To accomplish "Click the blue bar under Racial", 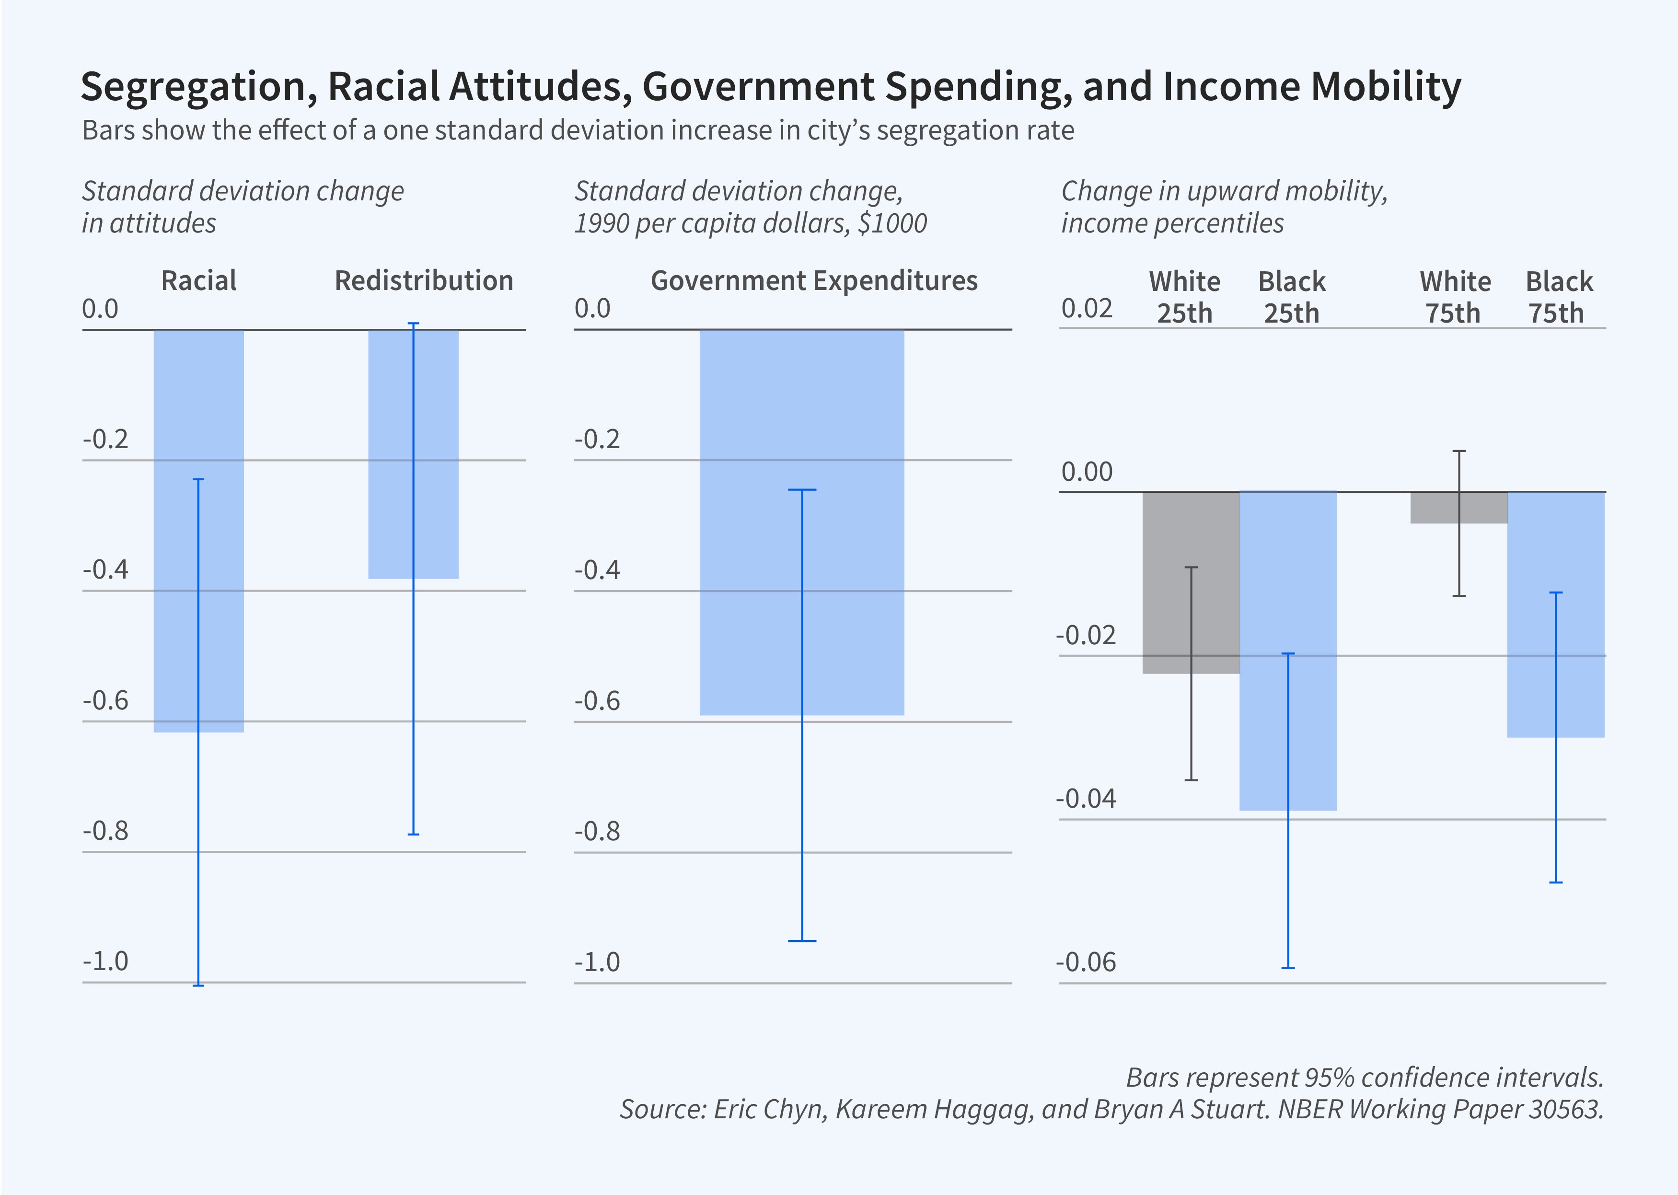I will click(176, 530).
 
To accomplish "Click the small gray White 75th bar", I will click(1435, 508).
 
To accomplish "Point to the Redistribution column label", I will click(424, 280).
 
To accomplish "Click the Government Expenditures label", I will click(814, 280).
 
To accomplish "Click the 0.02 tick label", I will click(1087, 308).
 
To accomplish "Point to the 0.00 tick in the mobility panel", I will click(1087, 472).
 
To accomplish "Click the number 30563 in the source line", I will click(1565, 1109).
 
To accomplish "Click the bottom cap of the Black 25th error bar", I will click(1288, 968).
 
